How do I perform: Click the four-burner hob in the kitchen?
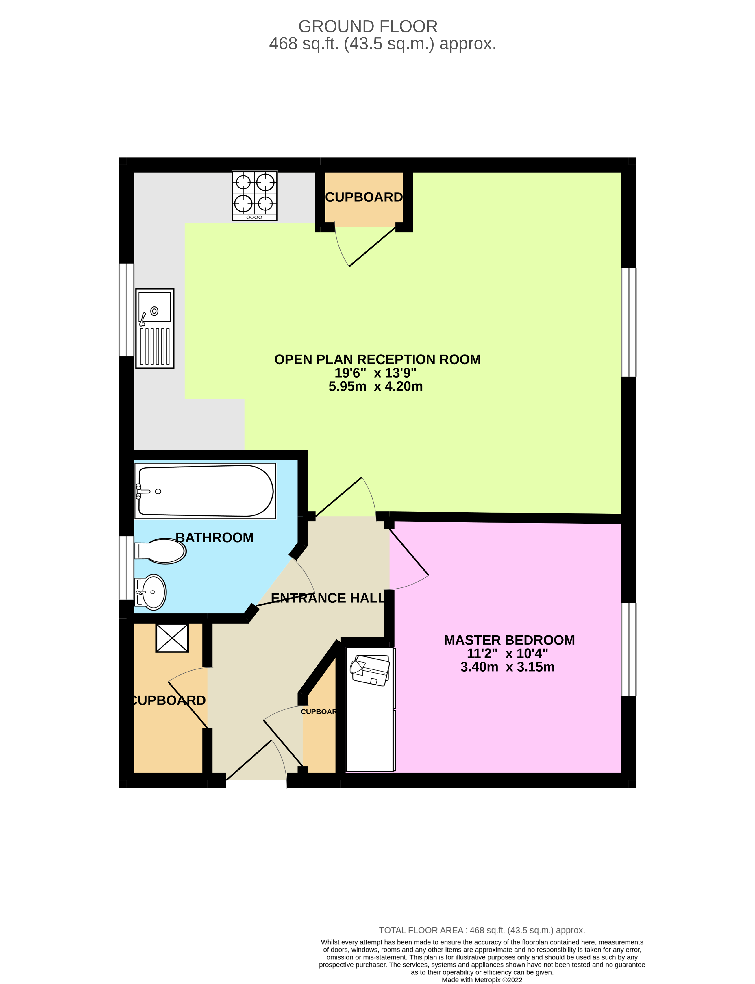coord(254,195)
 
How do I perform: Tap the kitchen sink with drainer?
coord(155,328)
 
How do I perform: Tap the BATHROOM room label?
coord(214,537)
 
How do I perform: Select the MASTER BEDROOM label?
coord(509,640)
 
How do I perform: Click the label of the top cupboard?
coord(364,197)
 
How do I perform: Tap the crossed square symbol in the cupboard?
coord(172,638)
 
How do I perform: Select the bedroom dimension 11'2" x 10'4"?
coord(507,653)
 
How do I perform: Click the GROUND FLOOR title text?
coord(368,27)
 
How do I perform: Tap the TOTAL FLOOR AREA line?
coord(482,931)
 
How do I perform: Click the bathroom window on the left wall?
coord(126,567)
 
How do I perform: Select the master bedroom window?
coord(628,649)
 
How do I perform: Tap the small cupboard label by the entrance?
coord(318,712)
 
